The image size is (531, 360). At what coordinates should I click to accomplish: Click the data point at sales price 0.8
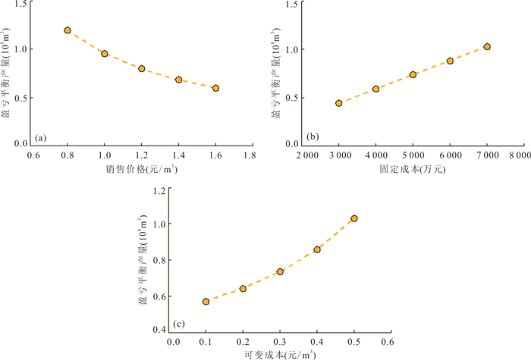pos(68,30)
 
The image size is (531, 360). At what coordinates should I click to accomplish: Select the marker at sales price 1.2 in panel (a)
pos(142,68)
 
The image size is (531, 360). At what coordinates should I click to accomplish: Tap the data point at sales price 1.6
pos(215,88)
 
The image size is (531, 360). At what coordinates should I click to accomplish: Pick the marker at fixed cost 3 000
pos(339,103)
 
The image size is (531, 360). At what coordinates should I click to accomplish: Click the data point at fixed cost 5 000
pos(413,74)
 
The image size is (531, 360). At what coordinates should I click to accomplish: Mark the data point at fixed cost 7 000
pos(487,47)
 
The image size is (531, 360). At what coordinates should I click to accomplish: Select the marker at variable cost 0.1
pos(206,302)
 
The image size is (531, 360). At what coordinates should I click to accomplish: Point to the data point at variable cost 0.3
pos(280,271)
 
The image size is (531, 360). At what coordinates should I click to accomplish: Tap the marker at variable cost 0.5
pos(354,218)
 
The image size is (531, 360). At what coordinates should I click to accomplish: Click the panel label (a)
pos(41,137)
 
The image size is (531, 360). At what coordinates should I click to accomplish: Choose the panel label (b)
pos(313,137)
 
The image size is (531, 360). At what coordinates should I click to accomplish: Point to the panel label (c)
pos(180,324)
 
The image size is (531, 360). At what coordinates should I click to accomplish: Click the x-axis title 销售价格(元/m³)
pos(142,170)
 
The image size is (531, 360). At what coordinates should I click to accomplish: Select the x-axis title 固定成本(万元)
pos(413,170)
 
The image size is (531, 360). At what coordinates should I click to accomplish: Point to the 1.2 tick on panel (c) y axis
pos(158,190)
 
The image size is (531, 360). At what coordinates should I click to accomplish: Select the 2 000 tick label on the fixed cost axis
pos(307,156)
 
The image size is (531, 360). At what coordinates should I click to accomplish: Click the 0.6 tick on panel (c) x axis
pos(391,342)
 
